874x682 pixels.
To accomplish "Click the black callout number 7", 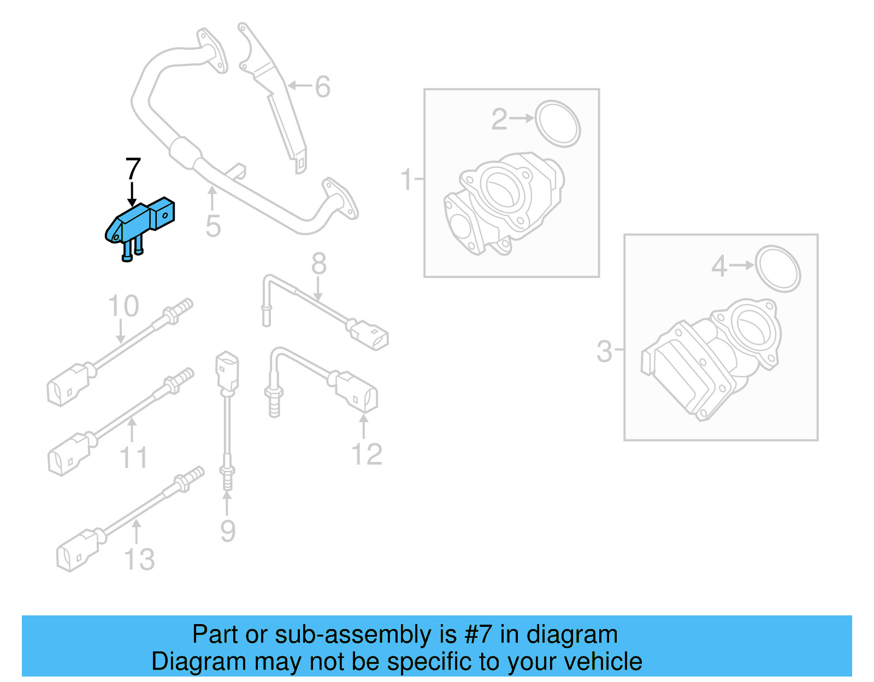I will [133, 169].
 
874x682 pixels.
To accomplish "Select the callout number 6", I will [323, 87].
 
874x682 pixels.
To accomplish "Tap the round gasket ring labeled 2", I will [557, 123].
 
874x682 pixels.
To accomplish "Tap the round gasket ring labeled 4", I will [777, 269].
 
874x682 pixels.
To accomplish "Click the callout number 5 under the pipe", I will [213, 226].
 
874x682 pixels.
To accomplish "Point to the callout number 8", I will [318, 264].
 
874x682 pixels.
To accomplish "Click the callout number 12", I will [367, 454].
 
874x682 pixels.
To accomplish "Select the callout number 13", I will [139, 559].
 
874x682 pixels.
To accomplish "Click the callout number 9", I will [228, 531].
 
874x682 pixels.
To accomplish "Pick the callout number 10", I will [123, 306].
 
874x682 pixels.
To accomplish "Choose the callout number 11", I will [133, 458].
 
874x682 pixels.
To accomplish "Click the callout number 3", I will [604, 351].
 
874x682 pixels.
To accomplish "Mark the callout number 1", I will [406, 180].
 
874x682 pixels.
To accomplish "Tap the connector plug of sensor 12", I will [356, 392].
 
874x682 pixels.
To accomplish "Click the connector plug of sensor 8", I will [369, 335].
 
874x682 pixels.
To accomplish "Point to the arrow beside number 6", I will [299, 86].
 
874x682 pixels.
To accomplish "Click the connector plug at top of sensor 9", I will [227, 371].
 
